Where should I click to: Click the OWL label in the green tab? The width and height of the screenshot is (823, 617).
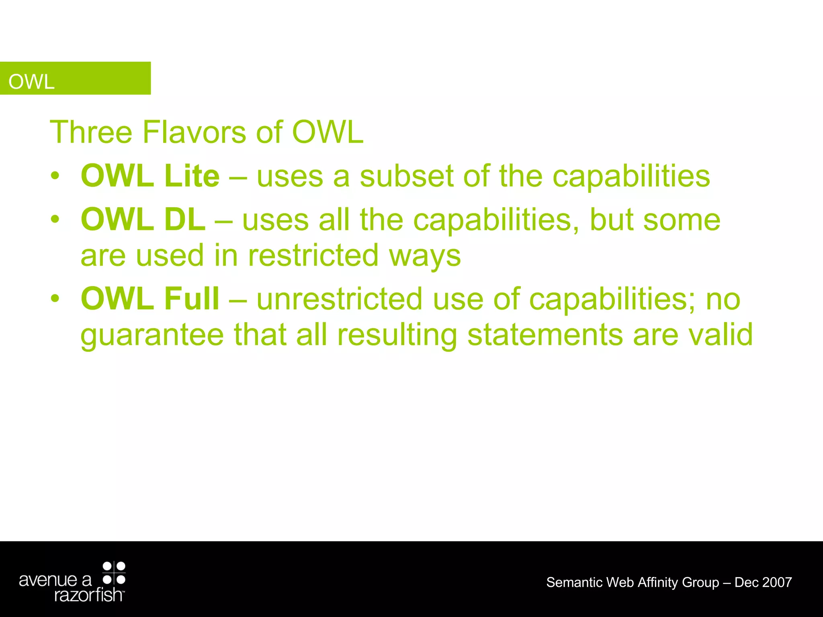(31, 82)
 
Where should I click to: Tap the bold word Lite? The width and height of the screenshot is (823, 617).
(192, 176)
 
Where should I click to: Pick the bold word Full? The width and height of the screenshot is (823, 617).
(192, 298)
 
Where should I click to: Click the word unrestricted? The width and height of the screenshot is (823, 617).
(340, 299)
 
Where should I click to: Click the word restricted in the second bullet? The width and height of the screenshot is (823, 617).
(313, 255)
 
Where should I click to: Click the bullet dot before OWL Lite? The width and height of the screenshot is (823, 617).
(55, 176)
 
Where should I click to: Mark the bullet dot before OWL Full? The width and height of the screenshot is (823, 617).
(55, 298)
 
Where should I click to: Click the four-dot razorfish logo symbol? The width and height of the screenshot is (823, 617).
(114, 573)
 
